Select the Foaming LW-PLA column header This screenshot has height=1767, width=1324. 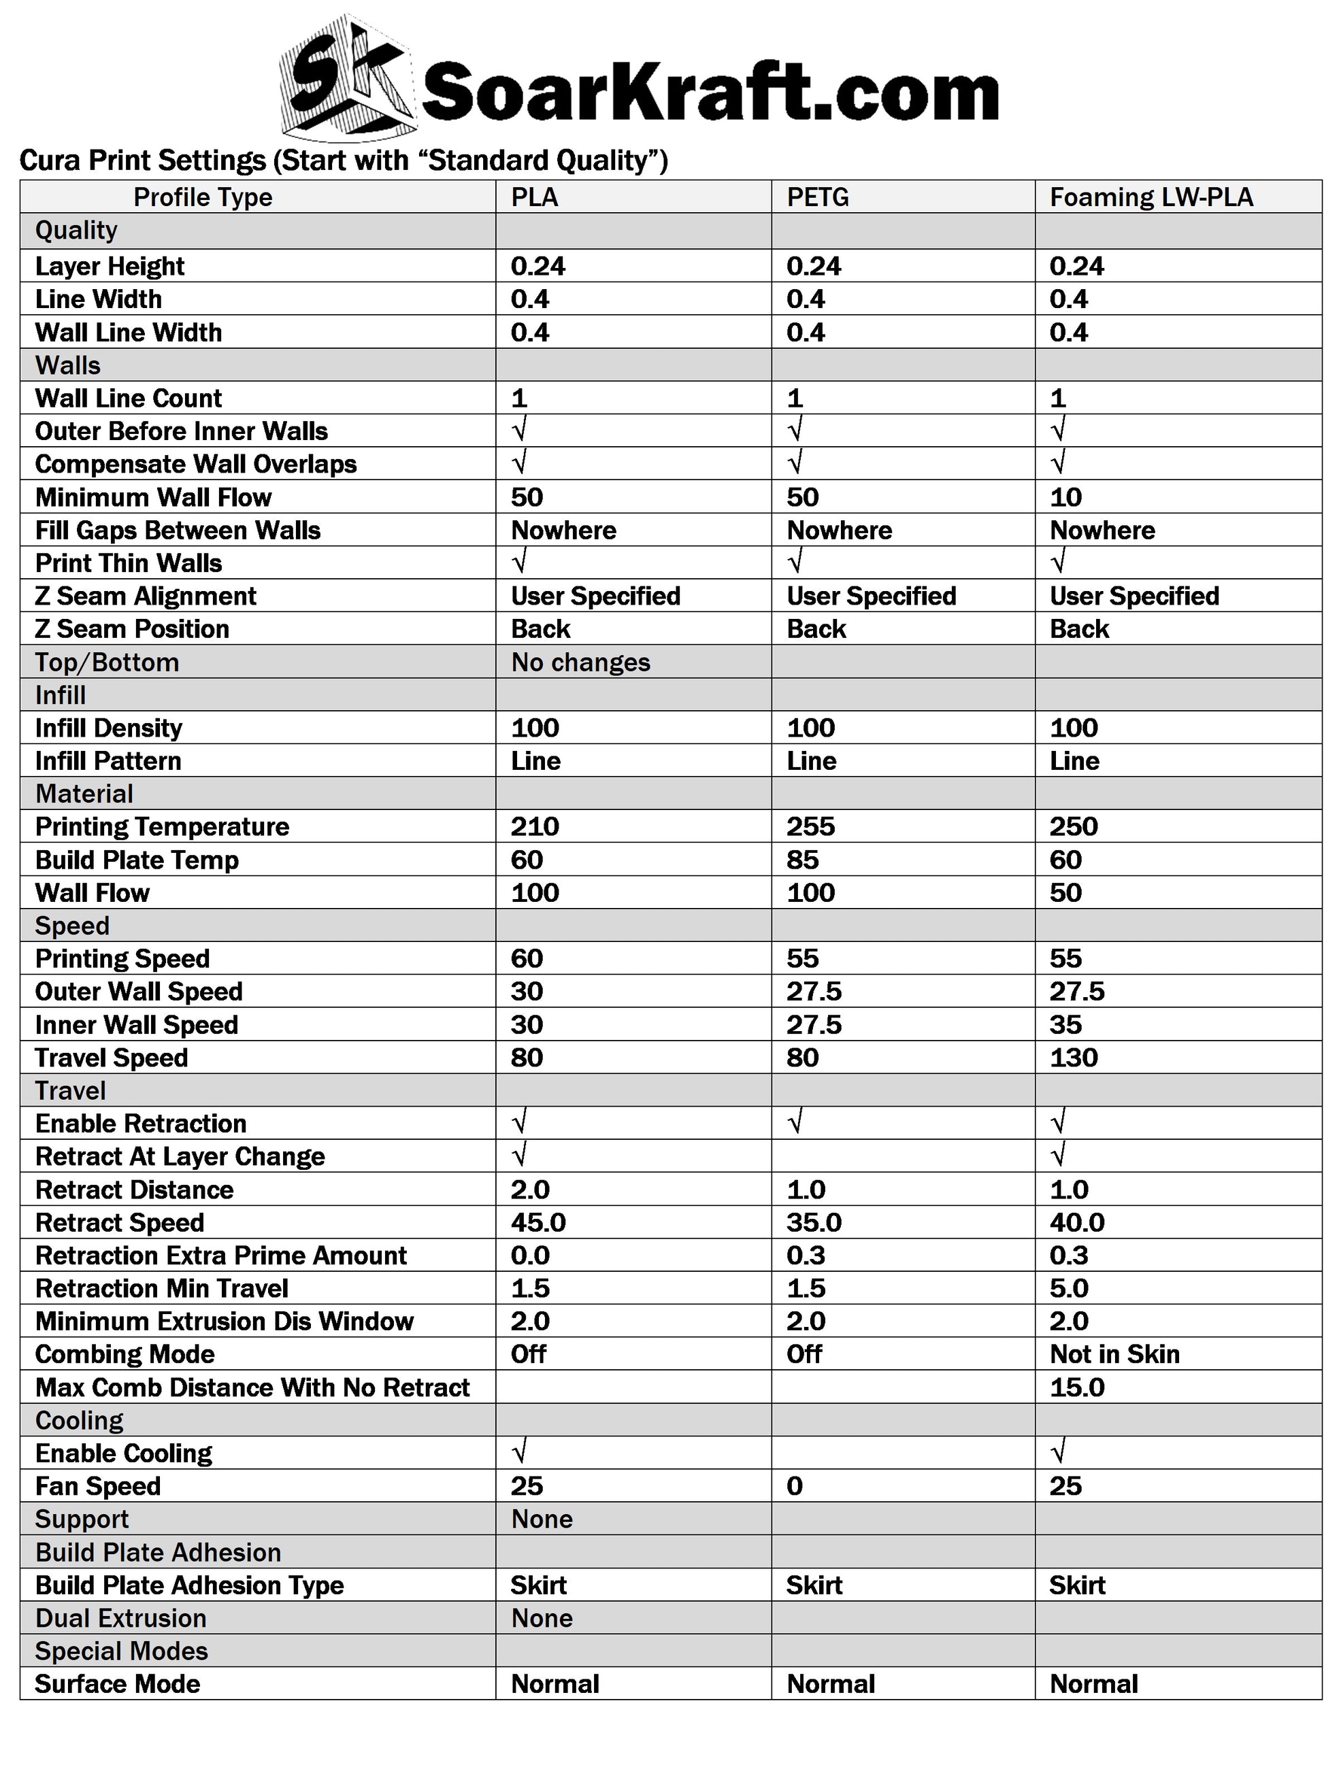1151,197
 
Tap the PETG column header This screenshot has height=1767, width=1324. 816,197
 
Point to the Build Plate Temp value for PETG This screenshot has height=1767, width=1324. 801,860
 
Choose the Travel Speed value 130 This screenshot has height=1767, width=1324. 1073,1058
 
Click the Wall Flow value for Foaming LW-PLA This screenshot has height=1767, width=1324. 1065,893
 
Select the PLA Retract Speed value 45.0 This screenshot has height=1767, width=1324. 537,1223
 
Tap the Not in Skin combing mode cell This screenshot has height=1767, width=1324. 1114,1355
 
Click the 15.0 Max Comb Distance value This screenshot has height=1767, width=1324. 1076,1387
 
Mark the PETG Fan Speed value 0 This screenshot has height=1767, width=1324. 794,1487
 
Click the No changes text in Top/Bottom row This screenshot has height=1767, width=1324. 580,663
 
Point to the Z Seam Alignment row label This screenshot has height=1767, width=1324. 146,596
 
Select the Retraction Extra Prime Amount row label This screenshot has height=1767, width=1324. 220,1256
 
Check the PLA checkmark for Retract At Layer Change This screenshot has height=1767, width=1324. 519,1155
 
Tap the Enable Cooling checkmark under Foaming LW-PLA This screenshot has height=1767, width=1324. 1058,1452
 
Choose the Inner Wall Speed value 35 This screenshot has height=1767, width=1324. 1065,1025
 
